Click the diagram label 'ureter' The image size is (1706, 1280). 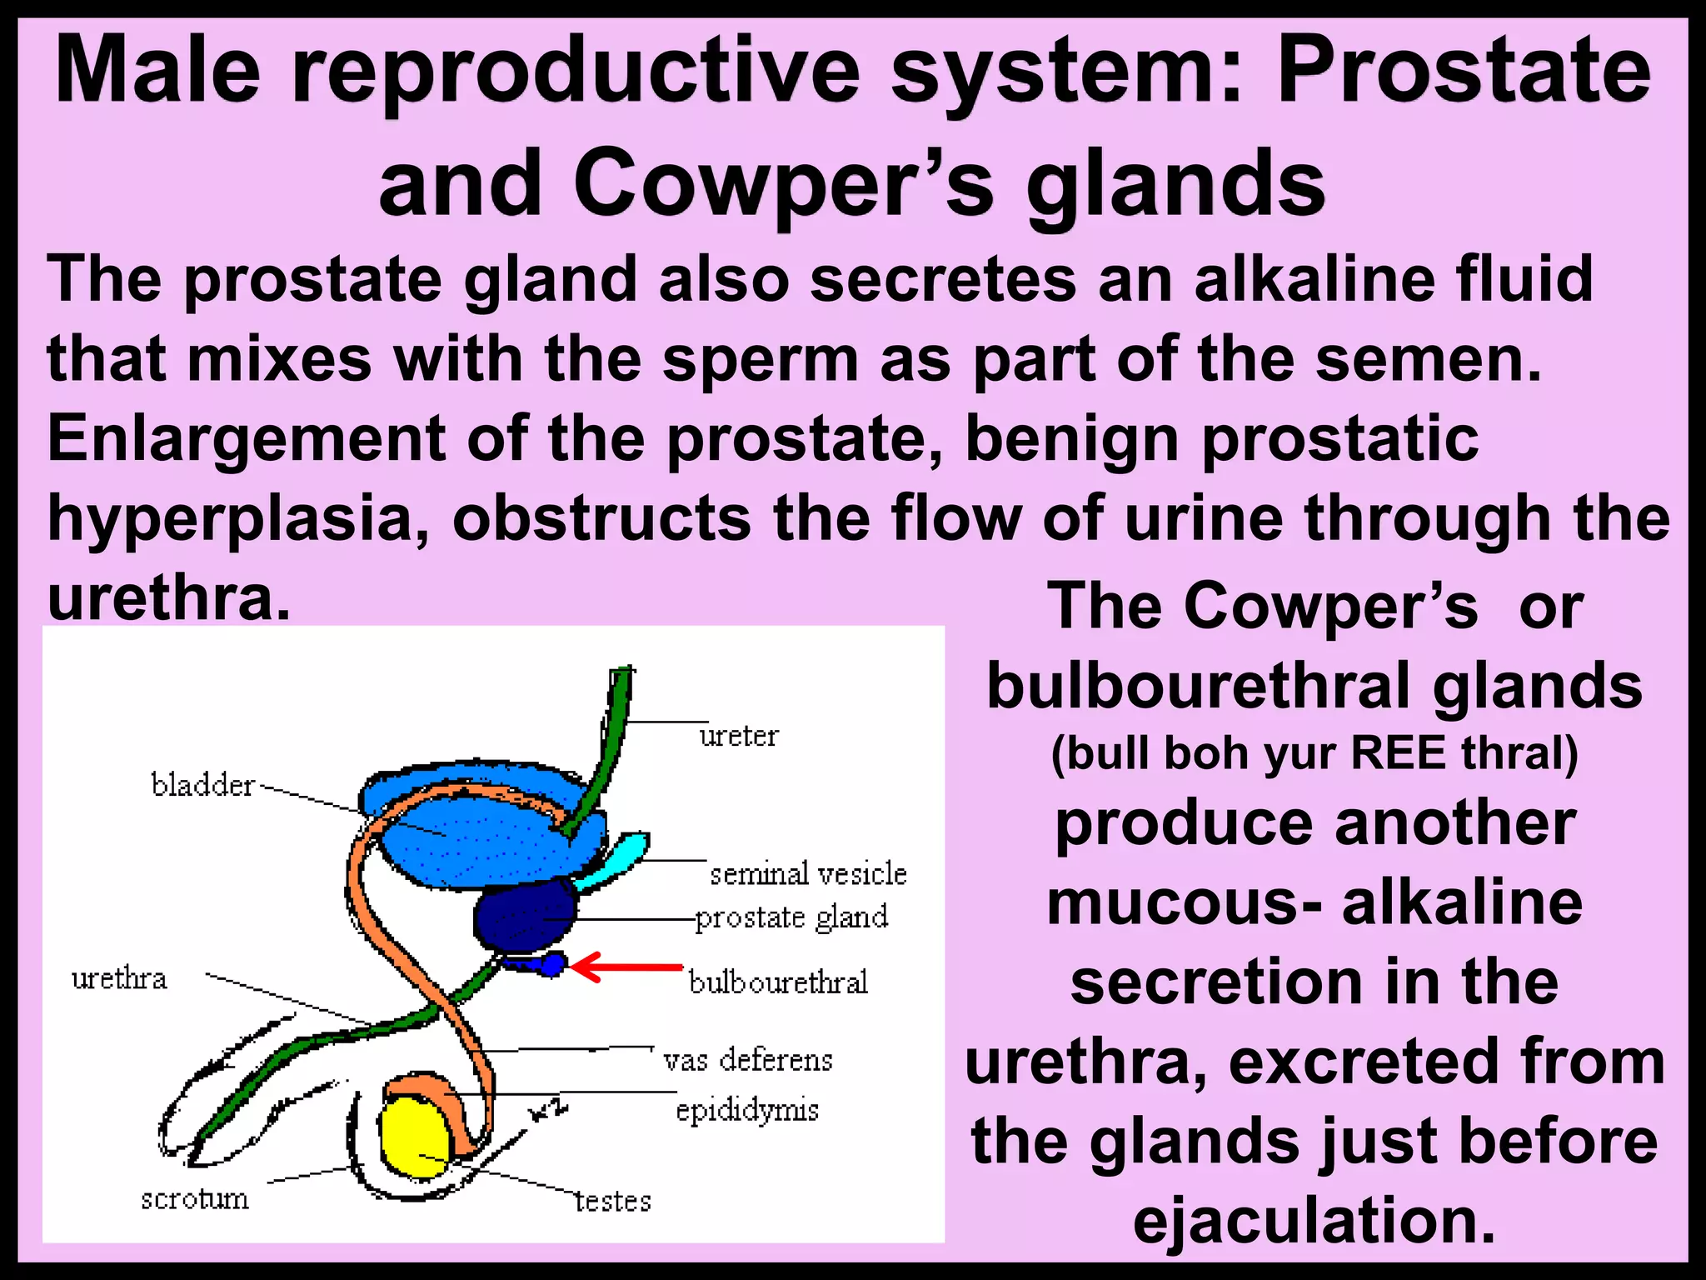738,737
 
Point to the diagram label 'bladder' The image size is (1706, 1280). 202,786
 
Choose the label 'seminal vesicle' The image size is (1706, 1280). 807,874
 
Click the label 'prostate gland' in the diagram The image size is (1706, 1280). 791,917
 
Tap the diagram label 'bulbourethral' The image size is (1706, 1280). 778,982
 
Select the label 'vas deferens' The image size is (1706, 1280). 747,1061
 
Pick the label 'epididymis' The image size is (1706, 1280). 747,1111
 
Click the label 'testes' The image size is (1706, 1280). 613,1202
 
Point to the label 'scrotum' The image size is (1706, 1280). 195,1200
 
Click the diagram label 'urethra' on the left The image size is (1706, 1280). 119,979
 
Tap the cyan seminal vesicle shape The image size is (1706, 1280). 616,858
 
